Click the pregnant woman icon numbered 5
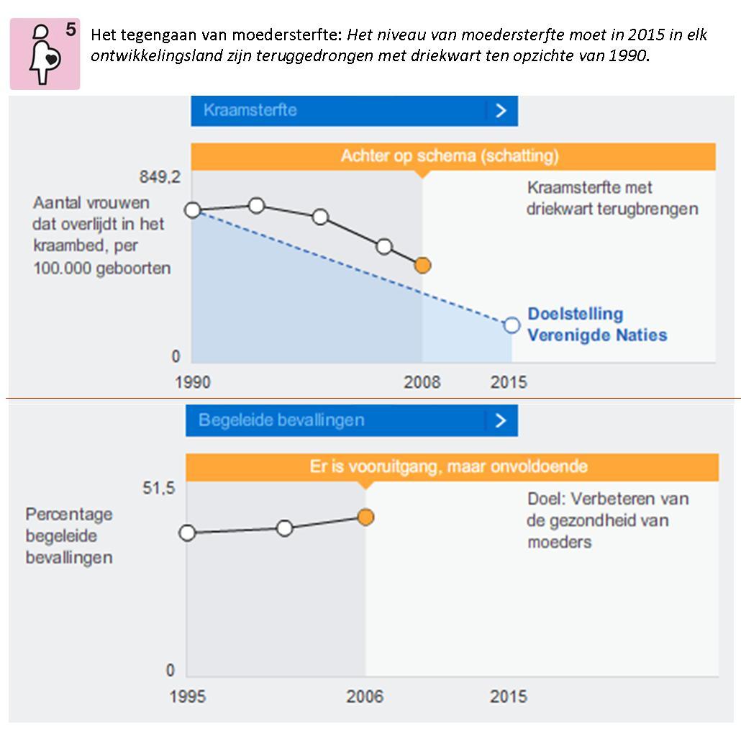[x=45, y=54]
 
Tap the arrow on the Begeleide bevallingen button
[x=501, y=420]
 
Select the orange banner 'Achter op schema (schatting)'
[x=453, y=156]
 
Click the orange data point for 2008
[x=423, y=266]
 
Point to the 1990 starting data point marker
[x=192, y=210]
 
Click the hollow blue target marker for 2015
[x=512, y=325]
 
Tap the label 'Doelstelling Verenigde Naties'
[x=596, y=325]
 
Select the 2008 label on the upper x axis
[x=422, y=381]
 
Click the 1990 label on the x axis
[x=193, y=381]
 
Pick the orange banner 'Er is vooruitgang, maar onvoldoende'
[x=451, y=466]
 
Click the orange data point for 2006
[x=365, y=517]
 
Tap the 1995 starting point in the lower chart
[x=187, y=533]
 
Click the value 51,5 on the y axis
[x=158, y=489]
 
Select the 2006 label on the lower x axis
[x=365, y=697]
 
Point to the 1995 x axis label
[x=187, y=697]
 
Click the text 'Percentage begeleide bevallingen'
[x=69, y=536]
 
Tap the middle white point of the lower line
[x=285, y=528]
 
